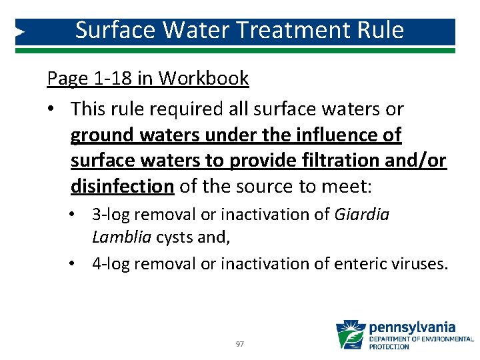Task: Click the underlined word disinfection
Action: (122, 186)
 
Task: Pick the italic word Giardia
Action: (362, 215)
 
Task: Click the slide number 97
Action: (240, 344)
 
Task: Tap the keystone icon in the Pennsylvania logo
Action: (350, 335)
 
